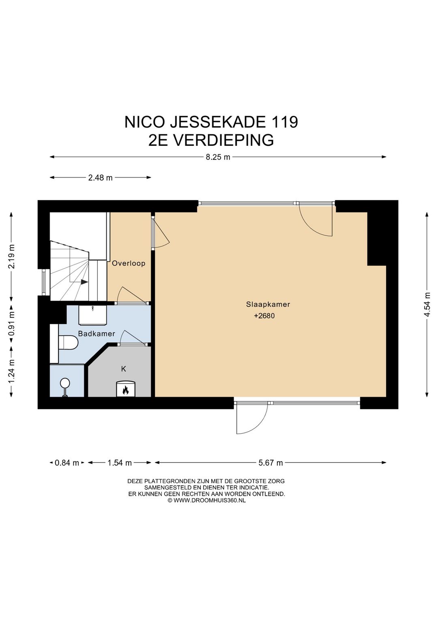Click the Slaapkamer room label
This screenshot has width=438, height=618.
[268, 304]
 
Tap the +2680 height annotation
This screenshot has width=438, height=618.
[264, 315]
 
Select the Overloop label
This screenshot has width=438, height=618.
[129, 263]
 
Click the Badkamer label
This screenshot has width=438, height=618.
[97, 334]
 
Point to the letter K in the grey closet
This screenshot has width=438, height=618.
[124, 369]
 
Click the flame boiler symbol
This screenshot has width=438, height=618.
[125, 390]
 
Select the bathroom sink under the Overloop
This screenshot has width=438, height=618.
[93, 315]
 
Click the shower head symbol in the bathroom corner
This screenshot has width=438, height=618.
[65, 383]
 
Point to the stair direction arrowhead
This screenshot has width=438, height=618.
[84, 282]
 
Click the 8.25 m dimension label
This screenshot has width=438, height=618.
[218, 157]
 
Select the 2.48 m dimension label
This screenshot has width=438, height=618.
[100, 177]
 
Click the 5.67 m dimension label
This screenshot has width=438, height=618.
[271, 462]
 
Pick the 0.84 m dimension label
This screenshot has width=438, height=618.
[67, 462]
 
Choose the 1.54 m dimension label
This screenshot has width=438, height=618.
[120, 462]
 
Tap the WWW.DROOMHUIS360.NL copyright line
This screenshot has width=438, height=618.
[206, 500]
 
